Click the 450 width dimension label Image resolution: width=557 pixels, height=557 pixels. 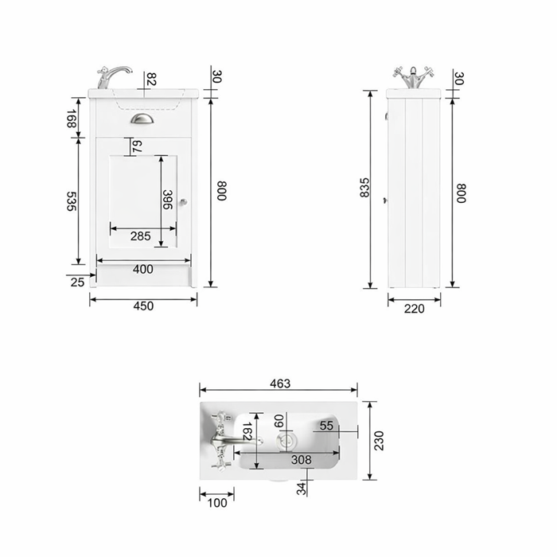[143, 306]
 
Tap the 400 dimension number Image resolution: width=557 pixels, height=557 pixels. [142, 269]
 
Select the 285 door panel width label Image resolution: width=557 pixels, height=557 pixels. [140, 236]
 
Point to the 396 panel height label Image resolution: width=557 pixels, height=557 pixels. [168, 200]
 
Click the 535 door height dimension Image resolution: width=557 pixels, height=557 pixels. [72, 201]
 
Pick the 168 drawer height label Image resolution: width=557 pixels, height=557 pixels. [72, 119]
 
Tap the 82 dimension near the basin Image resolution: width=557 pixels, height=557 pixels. [151, 79]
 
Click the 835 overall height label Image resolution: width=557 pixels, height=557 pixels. [364, 188]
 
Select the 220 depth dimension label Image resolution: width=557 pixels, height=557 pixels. [415, 309]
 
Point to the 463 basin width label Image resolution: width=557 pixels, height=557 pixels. [280, 384]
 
